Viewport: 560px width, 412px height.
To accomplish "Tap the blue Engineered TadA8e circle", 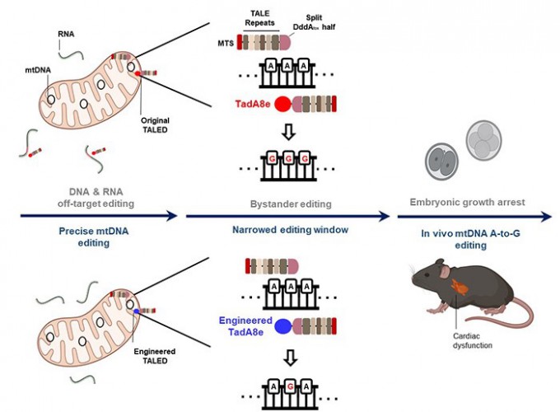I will pyautogui.click(x=281, y=325).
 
